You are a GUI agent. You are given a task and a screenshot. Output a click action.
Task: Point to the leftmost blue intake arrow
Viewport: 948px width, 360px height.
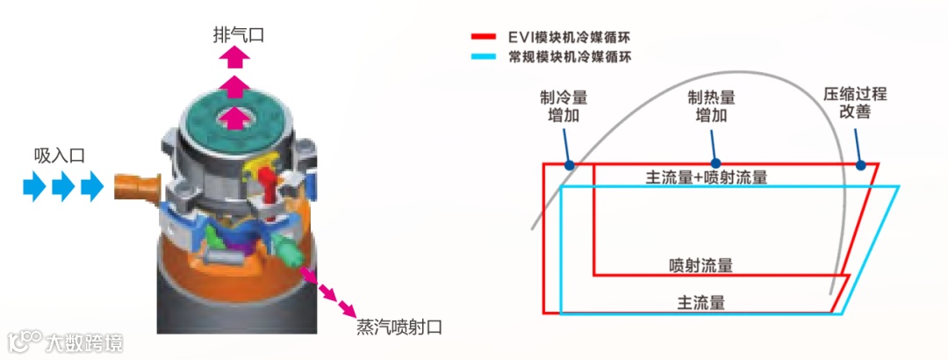coord(34,186)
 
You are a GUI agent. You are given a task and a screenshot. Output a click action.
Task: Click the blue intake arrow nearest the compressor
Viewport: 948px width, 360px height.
coord(91,186)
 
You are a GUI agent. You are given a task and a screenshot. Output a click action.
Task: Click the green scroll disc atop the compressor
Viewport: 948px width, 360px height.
coord(234,119)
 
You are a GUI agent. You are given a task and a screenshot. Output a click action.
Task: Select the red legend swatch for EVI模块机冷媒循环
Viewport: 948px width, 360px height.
coord(484,38)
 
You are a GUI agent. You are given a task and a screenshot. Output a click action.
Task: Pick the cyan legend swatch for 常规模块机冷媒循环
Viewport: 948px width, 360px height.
coord(484,57)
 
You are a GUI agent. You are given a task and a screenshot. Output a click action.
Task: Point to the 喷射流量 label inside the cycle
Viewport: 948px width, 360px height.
coord(700,264)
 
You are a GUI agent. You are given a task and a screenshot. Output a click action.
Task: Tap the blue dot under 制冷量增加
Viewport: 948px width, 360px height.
coord(570,164)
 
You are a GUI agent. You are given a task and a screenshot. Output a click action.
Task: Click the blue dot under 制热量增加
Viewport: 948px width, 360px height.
coord(715,163)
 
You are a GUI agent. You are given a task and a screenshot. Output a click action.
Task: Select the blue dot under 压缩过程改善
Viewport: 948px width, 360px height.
coord(861,164)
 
